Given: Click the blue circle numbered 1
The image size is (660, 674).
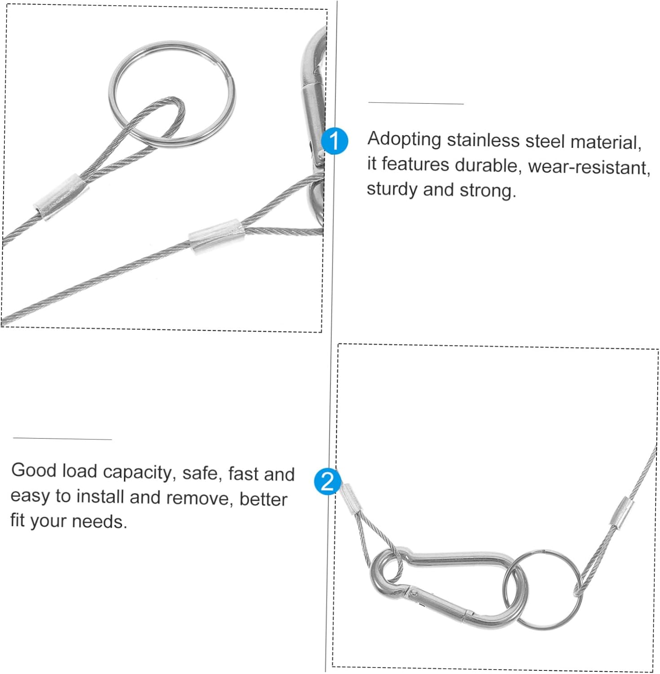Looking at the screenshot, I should click(x=334, y=141).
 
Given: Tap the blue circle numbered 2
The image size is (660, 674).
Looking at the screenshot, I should click(x=327, y=481).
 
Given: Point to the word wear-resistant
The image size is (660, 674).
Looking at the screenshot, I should click(x=589, y=167).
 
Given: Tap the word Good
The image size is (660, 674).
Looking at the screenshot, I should click(x=34, y=470).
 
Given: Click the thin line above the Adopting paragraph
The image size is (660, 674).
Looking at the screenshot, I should click(x=416, y=103).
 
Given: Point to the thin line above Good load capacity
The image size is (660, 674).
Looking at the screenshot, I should click(x=62, y=439).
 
